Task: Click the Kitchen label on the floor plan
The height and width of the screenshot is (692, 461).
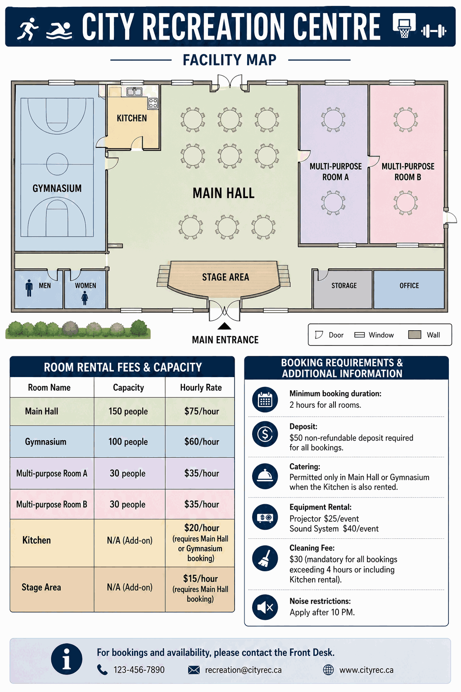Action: tap(132, 118)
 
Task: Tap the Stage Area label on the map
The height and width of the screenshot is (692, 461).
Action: tap(226, 277)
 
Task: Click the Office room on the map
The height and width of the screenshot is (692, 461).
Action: tap(409, 289)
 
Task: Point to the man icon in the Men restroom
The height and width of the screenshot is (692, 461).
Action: tap(29, 288)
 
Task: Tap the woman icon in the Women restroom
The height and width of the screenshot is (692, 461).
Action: tap(85, 298)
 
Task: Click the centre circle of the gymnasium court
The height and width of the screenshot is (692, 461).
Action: tap(57, 164)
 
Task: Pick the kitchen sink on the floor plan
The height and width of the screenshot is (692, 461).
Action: tap(134, 91)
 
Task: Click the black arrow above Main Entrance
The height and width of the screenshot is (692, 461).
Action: tap(225, 326)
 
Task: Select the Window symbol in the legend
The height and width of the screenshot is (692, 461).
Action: tap(359, 335)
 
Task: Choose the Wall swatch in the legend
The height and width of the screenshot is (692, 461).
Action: tap(415, 335)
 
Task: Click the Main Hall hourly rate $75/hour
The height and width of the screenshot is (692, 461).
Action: tap(202, 411)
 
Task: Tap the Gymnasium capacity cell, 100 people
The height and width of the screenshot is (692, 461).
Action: tap(128, 442)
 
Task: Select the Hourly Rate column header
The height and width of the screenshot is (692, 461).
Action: tap(201, 387)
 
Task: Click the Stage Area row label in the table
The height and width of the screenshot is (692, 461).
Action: tap(41, 587)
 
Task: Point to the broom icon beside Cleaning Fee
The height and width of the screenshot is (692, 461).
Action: tap(265, 558)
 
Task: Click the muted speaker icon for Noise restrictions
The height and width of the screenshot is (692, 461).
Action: tap(265, 607)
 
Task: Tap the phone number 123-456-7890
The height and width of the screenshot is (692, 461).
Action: tap(139, 670)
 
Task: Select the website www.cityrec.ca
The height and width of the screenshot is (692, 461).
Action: tap(366, 670)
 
